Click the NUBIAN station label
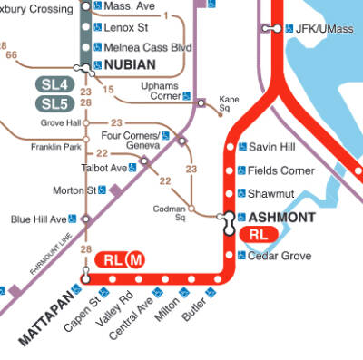pyautogui.click(x=130, y=65)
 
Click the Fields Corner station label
pyautogui.click(x=281, y=170)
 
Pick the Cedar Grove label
pyautogui.click(x=280, y=256)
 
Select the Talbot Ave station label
pyautogui.click(x=105, y=168)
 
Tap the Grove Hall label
pyautogui.click(x=61, y=122)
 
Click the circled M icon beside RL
pyautogui.click(x=136, y=260)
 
